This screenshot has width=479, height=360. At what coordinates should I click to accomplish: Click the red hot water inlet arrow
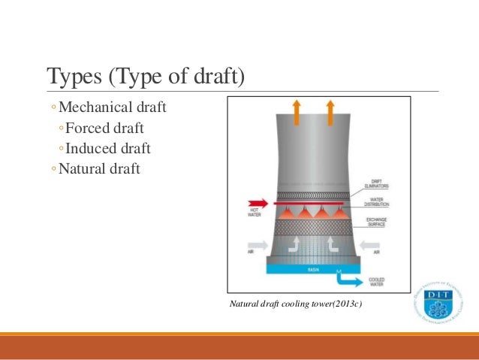[x=258, y=202]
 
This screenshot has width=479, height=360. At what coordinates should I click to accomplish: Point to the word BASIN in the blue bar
[x=313, y=268]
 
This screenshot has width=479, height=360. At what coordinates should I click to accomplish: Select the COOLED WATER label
[x=377, y=283]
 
